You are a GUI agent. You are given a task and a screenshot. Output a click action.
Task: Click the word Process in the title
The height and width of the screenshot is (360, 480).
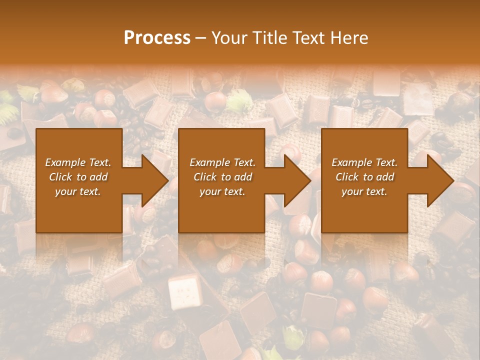(x=157, y=37)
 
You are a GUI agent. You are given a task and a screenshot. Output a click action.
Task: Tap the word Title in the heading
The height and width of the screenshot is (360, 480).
(x=270, y=37)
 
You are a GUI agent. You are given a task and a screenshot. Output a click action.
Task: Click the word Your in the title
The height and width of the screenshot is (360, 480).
(x=230, y=37)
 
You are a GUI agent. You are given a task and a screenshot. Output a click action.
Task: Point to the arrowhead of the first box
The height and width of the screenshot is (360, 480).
(x=152, y=180)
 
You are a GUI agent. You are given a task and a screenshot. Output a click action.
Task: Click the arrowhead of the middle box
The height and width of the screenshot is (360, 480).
(x=295, y=180)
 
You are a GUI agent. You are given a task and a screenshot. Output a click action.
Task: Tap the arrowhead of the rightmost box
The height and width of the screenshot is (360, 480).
(x=438, y=180)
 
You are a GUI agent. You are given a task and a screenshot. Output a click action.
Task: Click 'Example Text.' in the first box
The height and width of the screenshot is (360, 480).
(x=78, y=162)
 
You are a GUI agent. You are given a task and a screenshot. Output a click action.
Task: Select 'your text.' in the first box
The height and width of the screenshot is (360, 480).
(x=78, y=191)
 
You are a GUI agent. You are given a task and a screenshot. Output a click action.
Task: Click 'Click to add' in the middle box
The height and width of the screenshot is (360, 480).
(x=222, y=176)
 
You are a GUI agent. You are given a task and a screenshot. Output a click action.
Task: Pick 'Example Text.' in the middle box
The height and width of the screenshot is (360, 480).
(x=222, y=162)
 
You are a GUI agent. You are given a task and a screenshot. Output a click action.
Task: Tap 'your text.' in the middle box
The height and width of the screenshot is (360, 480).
(x=222, y=191)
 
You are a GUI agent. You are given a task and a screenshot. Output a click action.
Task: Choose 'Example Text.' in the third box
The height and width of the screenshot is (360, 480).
(x=364, y=162)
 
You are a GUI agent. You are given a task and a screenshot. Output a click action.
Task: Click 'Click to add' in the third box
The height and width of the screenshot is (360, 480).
(x=364, y=176)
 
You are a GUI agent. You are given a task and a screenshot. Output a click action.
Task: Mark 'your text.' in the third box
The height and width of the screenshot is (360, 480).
(x=364, y=191)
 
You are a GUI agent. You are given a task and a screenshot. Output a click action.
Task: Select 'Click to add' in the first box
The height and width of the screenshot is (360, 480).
(x=78, y=176)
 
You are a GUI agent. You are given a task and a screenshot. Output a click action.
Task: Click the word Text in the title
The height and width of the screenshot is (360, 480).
(x=308, y=37)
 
